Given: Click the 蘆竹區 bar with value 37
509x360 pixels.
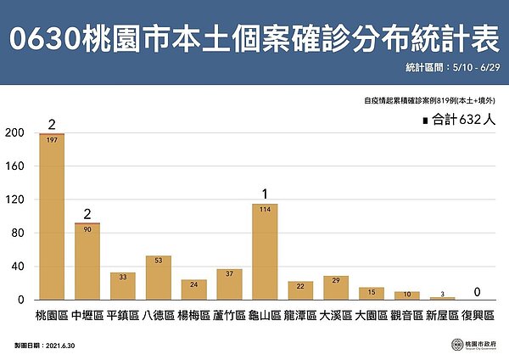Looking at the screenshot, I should pos(229,284).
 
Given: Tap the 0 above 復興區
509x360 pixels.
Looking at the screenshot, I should pos(478,292).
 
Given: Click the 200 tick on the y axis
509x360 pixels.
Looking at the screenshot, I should pos(14,132).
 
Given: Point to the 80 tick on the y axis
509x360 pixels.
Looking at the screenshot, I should pos(17,233).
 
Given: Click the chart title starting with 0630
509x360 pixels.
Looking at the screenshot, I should pos(254,37).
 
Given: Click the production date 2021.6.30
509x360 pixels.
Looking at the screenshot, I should pos(61,346).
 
